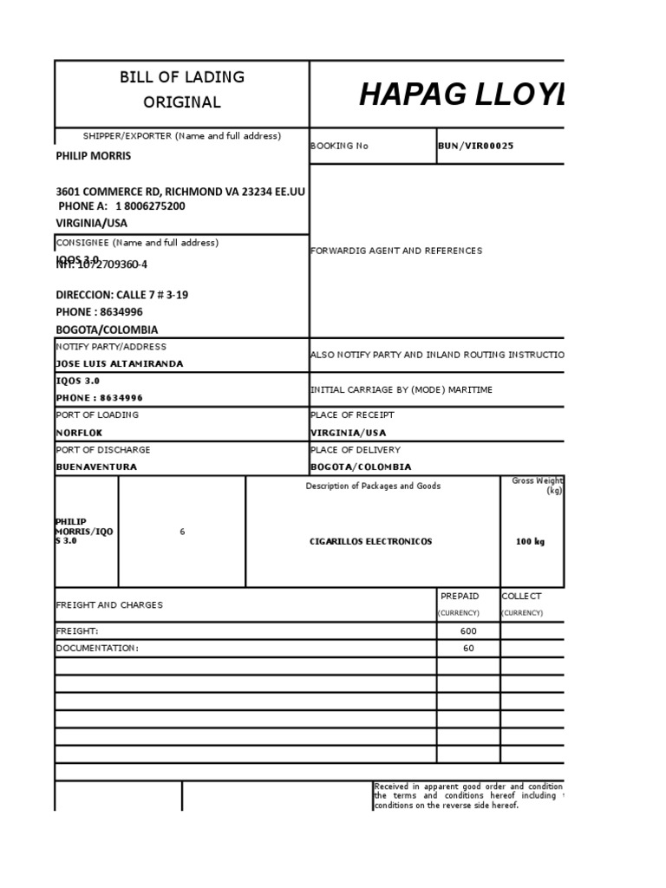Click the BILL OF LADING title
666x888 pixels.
(x=182, y=77)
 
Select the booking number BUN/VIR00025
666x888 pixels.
(x=476, y=146)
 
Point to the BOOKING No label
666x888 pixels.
(x=339, y=146)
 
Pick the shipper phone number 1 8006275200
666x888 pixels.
(x=150, y=206)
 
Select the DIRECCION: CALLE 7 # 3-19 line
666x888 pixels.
(x=121, y=295)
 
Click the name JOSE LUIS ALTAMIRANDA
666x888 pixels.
(x=119, y=363)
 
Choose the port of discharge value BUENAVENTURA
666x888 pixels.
(x=96, y=467)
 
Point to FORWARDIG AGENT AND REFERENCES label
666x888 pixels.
(x=395, y=251)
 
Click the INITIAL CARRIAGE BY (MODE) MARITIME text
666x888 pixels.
(x=401, y=389)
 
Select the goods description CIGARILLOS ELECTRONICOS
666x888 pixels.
(x=370, y=541)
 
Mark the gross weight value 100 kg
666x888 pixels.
(x=530, y=541)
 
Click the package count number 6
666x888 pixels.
(x=182, y=532)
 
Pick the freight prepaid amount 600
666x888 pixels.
(x=468, y=630)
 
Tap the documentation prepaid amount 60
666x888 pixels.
(x=468, y=648)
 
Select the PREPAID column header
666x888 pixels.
(x=460, y=596)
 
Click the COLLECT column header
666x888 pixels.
(x=521, y=596)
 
